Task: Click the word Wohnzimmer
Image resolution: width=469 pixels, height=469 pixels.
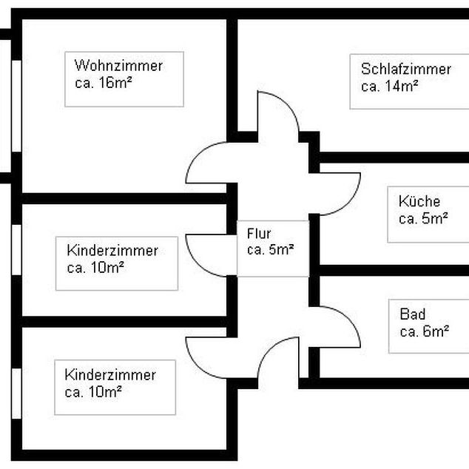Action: [118, 66]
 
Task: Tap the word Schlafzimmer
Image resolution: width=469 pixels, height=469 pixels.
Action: [406, 70]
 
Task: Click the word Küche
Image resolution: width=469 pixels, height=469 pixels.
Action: [419, 201]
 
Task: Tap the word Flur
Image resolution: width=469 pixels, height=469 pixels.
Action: [259, 234]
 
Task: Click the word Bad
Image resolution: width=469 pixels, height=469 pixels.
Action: [412, 314]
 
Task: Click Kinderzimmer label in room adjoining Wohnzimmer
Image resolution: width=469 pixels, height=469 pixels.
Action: [112, 251]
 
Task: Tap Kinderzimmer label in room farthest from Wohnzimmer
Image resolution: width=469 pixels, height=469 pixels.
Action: [110, 375]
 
